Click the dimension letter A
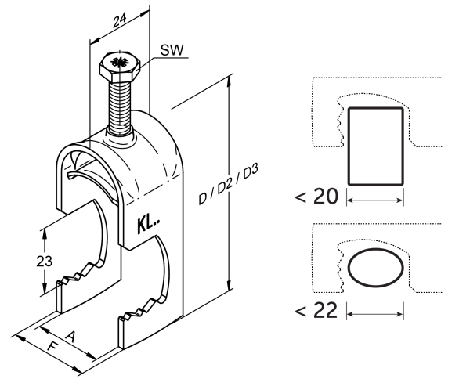(x=70, y=336)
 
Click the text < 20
(x=316, y=196)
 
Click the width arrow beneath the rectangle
(x=375, y=201)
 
